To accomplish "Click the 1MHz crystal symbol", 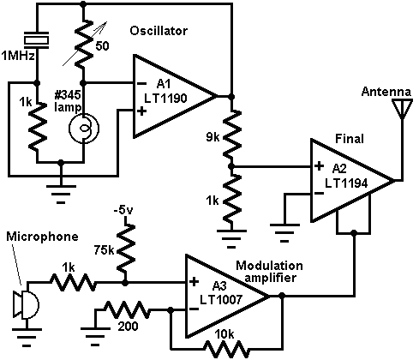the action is coord(37,39).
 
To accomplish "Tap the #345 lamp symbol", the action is coord(84,128).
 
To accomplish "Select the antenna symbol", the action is coord(402,109).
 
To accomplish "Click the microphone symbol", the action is coord(26,304).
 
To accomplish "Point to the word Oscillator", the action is coord(159,31).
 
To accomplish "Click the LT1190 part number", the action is coord(165,99).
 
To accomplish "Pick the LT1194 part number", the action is coord(346,183).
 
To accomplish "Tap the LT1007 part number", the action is coord(221,299).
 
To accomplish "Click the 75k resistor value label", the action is coord(104,250).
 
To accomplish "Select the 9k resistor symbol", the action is coord(232,134).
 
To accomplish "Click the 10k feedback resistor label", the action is coord(224,334).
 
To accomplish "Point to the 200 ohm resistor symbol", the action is coord(127,309).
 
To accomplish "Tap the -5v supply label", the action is coord(123,211).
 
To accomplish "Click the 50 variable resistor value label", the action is coord(102,45).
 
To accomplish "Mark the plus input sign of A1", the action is coord(141,111).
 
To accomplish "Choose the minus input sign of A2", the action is coord(319,194).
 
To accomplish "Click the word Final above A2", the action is coord(350,139).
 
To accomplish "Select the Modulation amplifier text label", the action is coord(269,272).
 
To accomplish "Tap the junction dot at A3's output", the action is coord(282,296).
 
